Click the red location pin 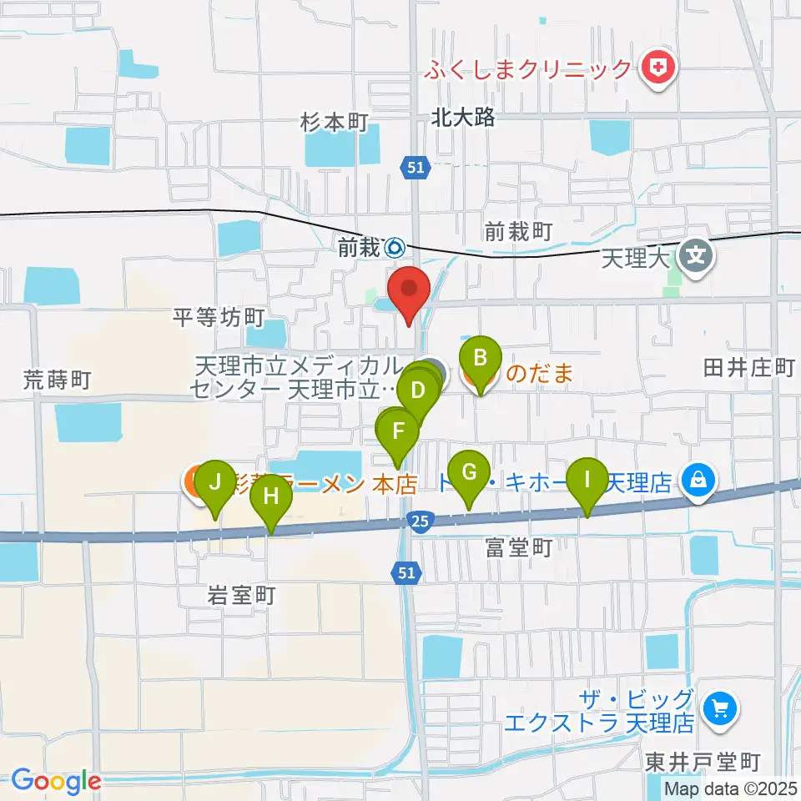[410, 291]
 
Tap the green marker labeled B [480, 360]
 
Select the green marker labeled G [469, 474]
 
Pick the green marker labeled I [587, 481]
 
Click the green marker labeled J [216, 484]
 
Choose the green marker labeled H [271, 497]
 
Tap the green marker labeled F [399, 432]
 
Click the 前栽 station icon [395, 247]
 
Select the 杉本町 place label [334, 123]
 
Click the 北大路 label [463, 118]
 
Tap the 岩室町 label [241, 596]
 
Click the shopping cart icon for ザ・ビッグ [718, 709]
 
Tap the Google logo [56, 782]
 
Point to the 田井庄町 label [748, 368]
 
